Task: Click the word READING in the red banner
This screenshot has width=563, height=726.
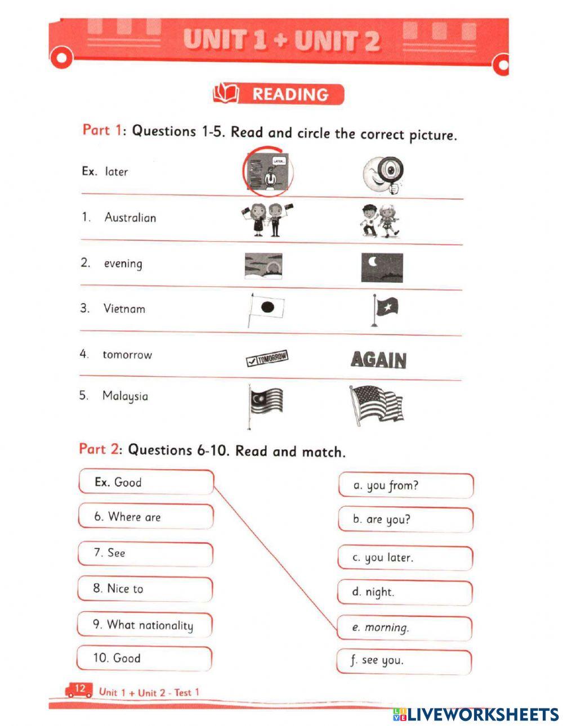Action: click(290, 94)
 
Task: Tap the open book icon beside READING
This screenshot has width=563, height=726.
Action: click(226, 93)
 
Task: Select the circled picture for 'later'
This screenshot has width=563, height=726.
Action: click(269, 171)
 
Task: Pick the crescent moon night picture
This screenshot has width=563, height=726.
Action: click(382, 267)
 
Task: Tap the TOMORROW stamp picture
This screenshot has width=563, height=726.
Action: click(267, 358)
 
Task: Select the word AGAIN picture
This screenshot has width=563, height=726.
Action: click(378, 359)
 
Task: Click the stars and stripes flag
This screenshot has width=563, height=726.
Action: click(376, 404)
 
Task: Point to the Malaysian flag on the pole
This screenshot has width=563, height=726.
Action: click(265, 402)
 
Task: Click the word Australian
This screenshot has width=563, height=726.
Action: click(130, 218)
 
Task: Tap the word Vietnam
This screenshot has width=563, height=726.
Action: click(124, 308)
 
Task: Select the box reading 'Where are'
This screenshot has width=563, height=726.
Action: click(146, 517)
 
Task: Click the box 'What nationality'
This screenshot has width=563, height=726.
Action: click(145, 625)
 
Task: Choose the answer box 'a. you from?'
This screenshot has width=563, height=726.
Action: click(405, 485)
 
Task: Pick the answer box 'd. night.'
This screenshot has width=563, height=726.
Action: click(405, 592)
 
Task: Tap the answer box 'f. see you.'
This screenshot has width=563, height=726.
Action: click(404, 661)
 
